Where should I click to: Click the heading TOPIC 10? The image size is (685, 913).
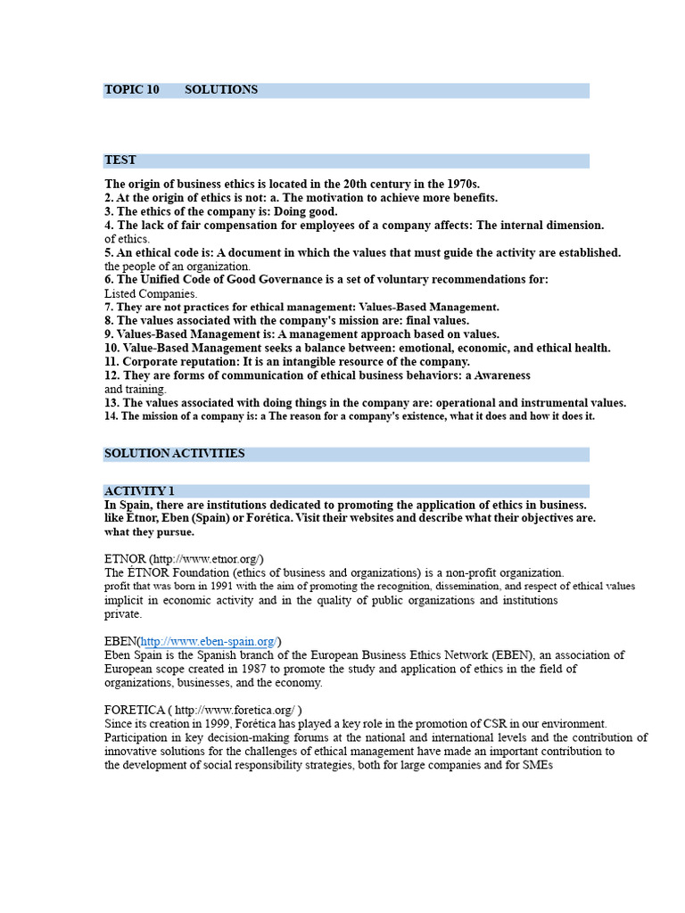click(132, 90)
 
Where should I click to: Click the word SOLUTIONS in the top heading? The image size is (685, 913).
click(221, 90)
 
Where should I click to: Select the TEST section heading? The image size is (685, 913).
click(120, 160)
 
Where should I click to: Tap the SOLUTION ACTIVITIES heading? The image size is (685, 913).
click(174, 454)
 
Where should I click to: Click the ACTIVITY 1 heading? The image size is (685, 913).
click(139, 491)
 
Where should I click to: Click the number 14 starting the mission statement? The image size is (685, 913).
click(111, 416)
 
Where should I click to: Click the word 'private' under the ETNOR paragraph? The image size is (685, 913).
click(122, 614)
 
